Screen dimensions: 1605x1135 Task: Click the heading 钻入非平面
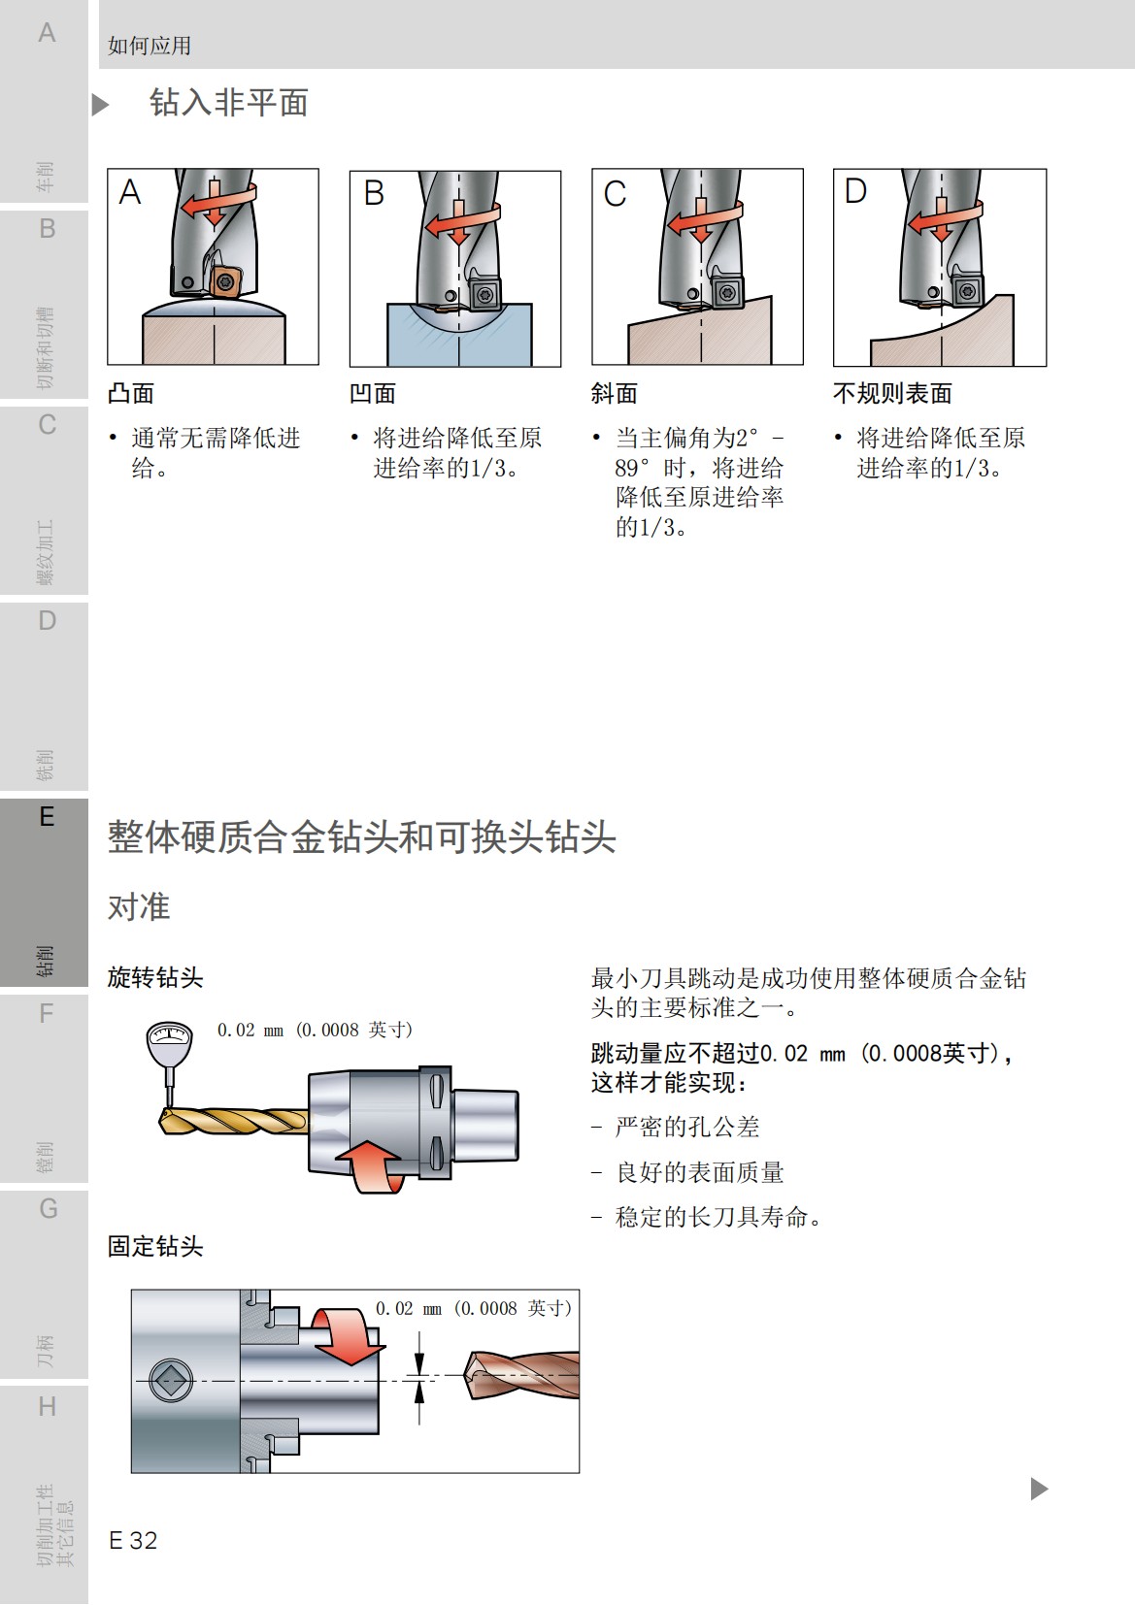[228, 103]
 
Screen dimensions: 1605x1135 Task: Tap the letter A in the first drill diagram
[130, 192]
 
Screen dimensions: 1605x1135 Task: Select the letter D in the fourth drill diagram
[855, 191]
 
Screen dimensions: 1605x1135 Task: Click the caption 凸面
[131, 393]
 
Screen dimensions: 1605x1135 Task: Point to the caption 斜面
[615, 393]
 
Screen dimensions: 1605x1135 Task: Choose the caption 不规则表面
[892, 393]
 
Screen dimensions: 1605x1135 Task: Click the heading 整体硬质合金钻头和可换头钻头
[361, 836]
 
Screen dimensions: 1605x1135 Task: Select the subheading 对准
[139, 906]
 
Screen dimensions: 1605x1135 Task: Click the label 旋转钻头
[155, 977]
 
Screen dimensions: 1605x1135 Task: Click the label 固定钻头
[155, 1246]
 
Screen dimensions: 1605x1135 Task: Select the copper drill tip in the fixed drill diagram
[519, 1374]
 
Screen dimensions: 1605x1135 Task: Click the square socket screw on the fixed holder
[172, 1380]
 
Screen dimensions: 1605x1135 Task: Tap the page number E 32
[133, 1540]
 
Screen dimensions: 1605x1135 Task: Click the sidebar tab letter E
[46, 817]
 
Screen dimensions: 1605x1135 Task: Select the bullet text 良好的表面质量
[699, 1172]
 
